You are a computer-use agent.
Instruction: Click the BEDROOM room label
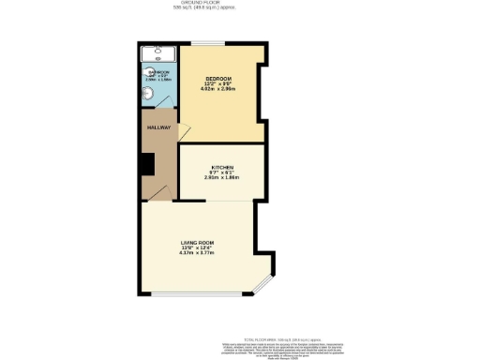coord(218,77)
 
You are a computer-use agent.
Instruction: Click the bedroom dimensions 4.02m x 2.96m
coord(218,88)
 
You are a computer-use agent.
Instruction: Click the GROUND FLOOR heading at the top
coord(240,4)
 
